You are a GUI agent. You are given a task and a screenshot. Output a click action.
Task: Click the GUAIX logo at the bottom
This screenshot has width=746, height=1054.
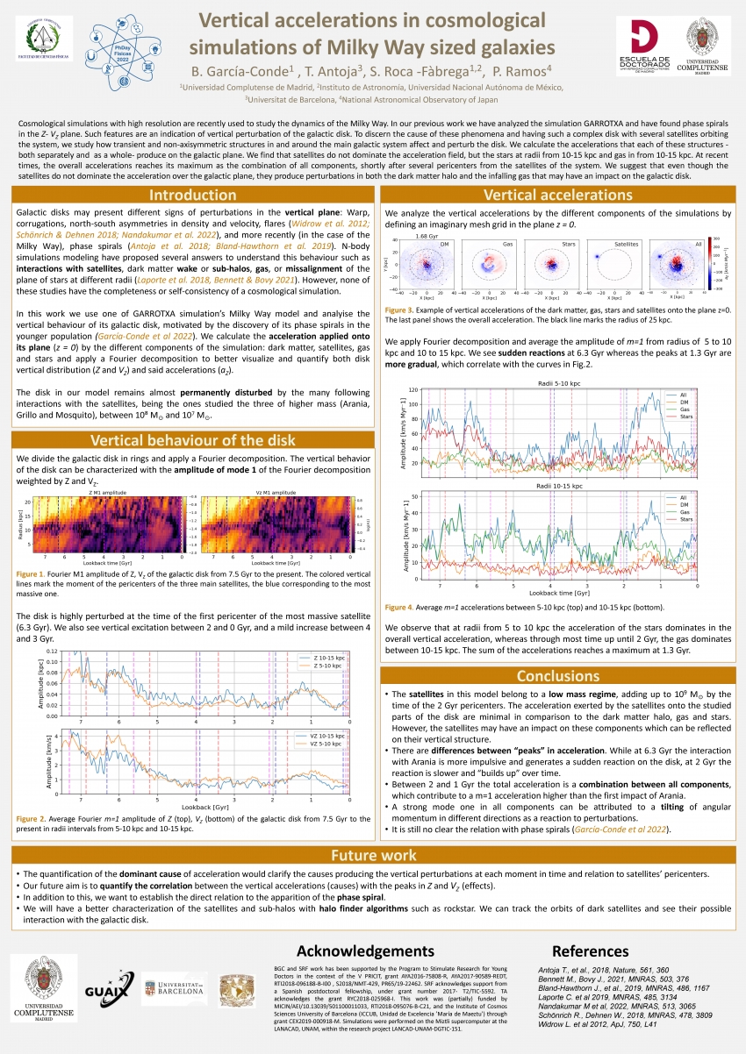[x=109, y=990]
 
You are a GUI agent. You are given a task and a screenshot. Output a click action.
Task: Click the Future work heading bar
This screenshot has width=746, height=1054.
[x=373, y=856]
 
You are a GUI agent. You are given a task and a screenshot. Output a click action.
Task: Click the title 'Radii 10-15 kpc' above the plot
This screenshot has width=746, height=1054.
[x=549, y=486]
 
